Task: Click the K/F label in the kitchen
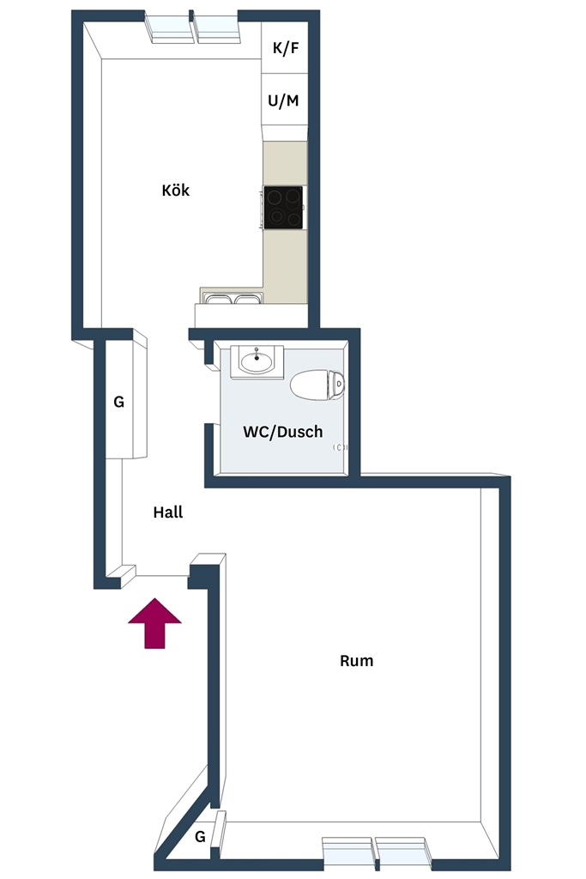coord(286,48)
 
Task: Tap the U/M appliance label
coord(283,101)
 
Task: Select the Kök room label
coord(175,190)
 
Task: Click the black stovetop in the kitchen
coord(283,208)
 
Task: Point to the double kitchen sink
coord(232,298)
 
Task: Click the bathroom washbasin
coord(257,361)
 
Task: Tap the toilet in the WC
coord(317,385)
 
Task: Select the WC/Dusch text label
coord(283,432)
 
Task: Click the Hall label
coord(168,512)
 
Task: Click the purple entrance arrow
coord(154,623)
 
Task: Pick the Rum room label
coord(356,660)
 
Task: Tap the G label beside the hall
coord(118,402)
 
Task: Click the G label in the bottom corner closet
coord(200,837)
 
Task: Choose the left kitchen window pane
coord(169,29)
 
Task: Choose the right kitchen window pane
coord(217,29)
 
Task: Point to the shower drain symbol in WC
coord(340,447)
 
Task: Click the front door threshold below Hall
coord(162,576)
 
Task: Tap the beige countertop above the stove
coord(285,163)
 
